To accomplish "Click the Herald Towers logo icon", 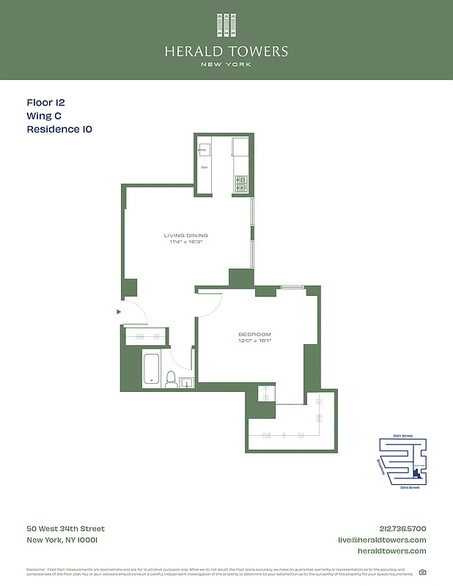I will coord(226,25).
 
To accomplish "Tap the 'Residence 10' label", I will coord(59,130).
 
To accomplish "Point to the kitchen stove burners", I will coord(241,184).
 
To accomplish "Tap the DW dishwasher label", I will coord(205,168).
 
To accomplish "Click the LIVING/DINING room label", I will coord(185,235).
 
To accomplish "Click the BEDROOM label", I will coord(254,334).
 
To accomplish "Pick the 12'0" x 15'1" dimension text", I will coord(254,341).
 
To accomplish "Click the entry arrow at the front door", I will coord(119,312).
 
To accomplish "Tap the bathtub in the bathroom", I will coord(152,368).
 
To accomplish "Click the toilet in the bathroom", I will coord(171,378).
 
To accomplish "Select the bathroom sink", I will coord(186,382).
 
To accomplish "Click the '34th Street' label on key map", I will coord(402,436).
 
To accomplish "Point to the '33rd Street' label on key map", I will coord(409,487).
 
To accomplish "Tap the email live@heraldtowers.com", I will coord(381,540).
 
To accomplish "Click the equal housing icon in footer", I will coord(422,572).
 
